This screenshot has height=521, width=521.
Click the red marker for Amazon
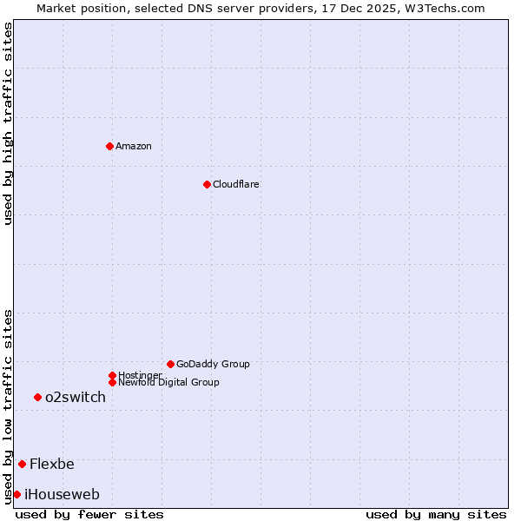[109, 146]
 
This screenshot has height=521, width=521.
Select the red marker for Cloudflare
[207, 184]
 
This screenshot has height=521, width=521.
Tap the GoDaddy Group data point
[170, 364]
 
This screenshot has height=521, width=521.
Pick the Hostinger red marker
[112, 375]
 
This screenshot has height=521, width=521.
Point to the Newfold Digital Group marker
[112, 382]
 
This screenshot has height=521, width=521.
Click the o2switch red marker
[37, 397]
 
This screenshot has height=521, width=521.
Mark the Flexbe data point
[22, 464]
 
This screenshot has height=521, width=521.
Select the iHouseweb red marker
[16, 494]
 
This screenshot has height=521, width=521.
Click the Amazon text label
[134, 146]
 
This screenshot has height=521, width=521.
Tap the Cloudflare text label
[235, 184]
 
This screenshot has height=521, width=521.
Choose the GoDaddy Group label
[213, 364]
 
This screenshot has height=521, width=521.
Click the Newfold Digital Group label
[168, 382]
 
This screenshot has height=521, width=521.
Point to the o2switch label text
[76, 397]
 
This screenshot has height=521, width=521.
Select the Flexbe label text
[52, 464]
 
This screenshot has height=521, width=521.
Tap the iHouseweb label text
[62, 494]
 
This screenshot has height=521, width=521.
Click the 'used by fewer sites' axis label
[89, 514]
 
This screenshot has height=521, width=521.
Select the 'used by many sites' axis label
[436, 514]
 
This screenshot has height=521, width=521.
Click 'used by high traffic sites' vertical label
[8, 123]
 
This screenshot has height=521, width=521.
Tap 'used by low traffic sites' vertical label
[8, 406]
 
